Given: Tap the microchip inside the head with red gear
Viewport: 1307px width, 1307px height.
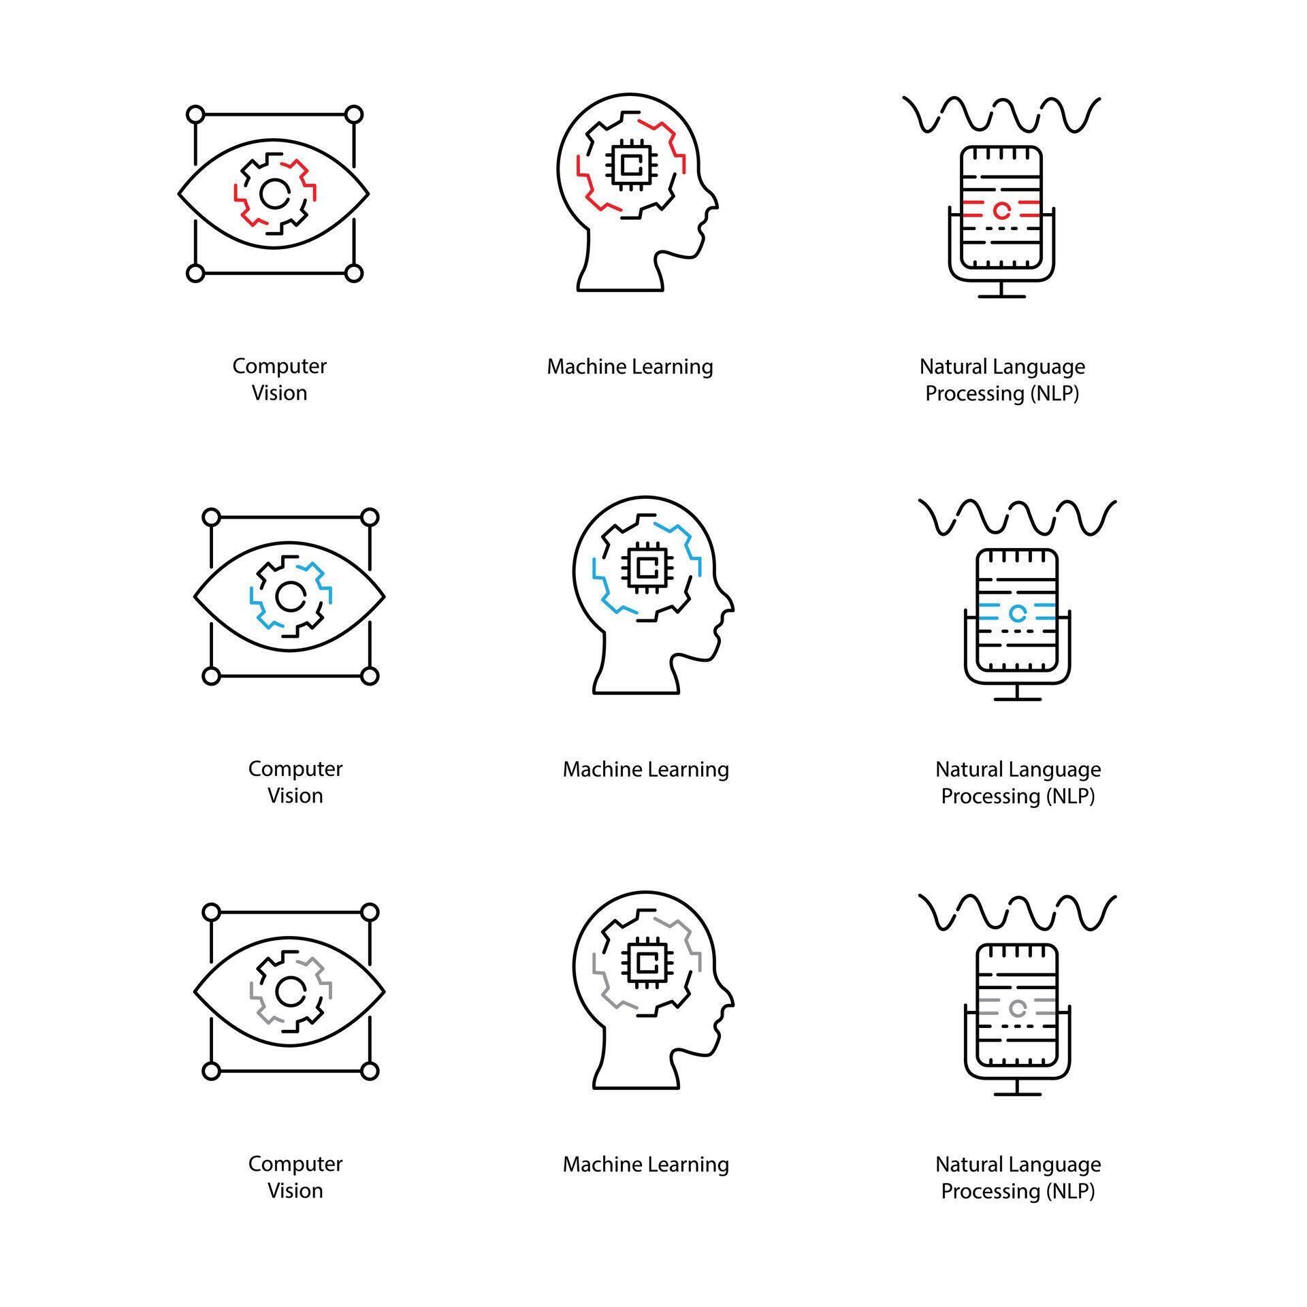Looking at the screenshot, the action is point(630,163).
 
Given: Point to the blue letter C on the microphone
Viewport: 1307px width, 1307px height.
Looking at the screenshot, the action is point(1017,613).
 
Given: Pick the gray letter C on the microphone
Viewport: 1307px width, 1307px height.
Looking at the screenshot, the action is point(1017,1008).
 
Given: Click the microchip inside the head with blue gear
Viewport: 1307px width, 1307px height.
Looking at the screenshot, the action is point(646,566).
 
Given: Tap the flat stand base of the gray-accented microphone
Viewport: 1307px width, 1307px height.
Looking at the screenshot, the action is point(1017,1094).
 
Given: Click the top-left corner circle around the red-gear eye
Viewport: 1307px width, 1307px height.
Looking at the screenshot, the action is point(195,114).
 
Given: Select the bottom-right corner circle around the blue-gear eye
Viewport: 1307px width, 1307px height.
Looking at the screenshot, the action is point(369,676).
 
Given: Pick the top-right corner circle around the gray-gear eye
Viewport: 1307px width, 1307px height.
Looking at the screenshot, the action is point(369,912).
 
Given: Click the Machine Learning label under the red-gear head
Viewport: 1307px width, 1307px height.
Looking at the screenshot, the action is point(630,367).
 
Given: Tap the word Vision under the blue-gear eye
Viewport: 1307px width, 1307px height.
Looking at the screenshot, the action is point(295,795).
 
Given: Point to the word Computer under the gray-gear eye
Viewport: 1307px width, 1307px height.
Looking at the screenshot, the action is point(295,1164).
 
